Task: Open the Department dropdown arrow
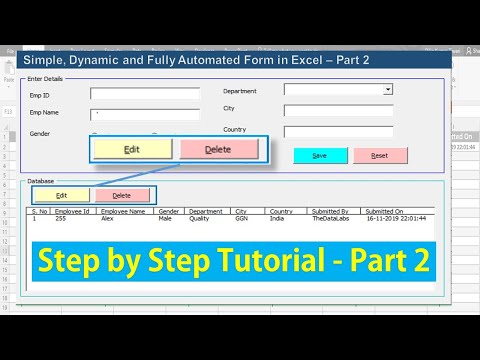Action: [388, 89]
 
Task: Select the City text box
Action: [338, 110]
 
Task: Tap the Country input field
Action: [338, 131]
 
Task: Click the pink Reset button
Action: [380, 155]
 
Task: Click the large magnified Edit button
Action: [132, 149]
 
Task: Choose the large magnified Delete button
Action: [218, 149]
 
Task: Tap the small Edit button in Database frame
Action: [61, 195]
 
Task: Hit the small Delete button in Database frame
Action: [121, 195]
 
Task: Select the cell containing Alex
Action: [107, 220]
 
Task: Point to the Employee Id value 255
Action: [61, 220]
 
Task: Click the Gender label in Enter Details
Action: [41, 133]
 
